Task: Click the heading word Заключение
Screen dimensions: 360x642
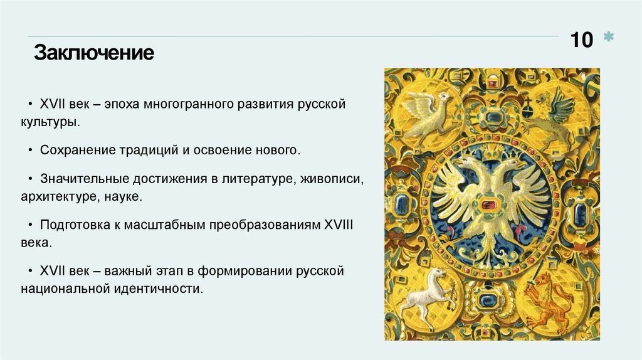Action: click(93, 52)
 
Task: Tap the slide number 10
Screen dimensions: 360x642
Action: click(581, 40)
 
